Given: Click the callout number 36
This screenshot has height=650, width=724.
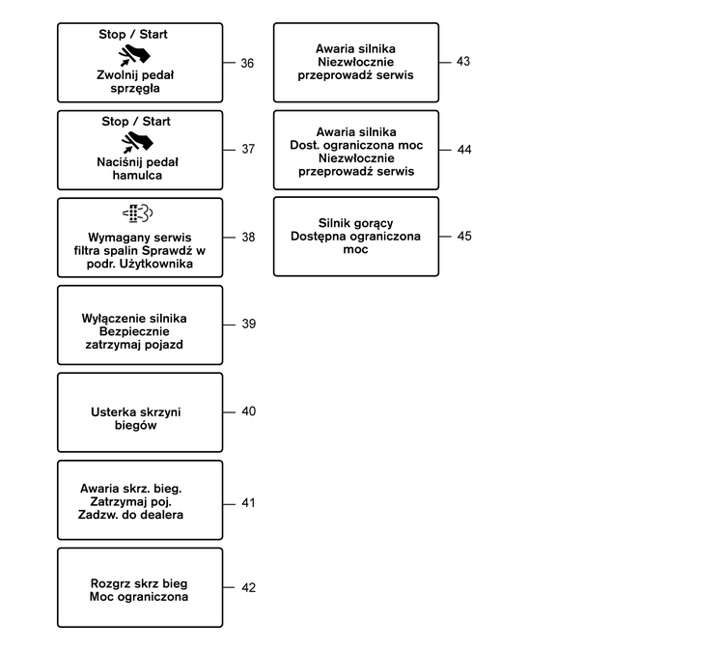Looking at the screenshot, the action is pyautogui.click(x=247, y=63).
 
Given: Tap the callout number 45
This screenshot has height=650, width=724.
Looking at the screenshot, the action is pyautogui.click(x=464, y=236).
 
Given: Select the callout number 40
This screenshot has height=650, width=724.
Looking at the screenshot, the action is pyautogui.click(x=248, y=411).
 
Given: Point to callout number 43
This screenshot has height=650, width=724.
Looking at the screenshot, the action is pyautogui.click(x=463, y=61).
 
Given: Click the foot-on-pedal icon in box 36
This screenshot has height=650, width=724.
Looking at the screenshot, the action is pyautogui.click(x=134, y=55).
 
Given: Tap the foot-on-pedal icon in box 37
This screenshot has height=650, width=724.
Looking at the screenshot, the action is pyautogui.click(x=137, y=142).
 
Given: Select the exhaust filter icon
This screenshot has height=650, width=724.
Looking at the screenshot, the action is pyautogui.click(x=138, y=213).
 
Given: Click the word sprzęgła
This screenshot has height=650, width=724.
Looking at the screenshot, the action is pyautogui.click(x=135, y=88).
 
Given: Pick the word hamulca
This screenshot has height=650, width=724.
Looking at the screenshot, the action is pyautogui.click(x=137, y=175).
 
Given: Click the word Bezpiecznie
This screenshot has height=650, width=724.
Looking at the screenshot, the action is pyautogui.click(x=134, y=331).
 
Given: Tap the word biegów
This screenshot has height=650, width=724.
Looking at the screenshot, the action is pyautogui.click(x=136, y=426).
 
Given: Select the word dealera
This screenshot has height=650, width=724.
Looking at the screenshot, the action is pyautogui.click(x=163, y=515).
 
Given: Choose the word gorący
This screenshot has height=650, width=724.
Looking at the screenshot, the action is pyautogui.click(x=374, y=224).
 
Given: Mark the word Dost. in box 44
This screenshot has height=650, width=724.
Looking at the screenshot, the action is pyautogui.click(x=305, y=145).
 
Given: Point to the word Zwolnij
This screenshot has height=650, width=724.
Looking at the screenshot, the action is pyautogui.click(x=116, y=75).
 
